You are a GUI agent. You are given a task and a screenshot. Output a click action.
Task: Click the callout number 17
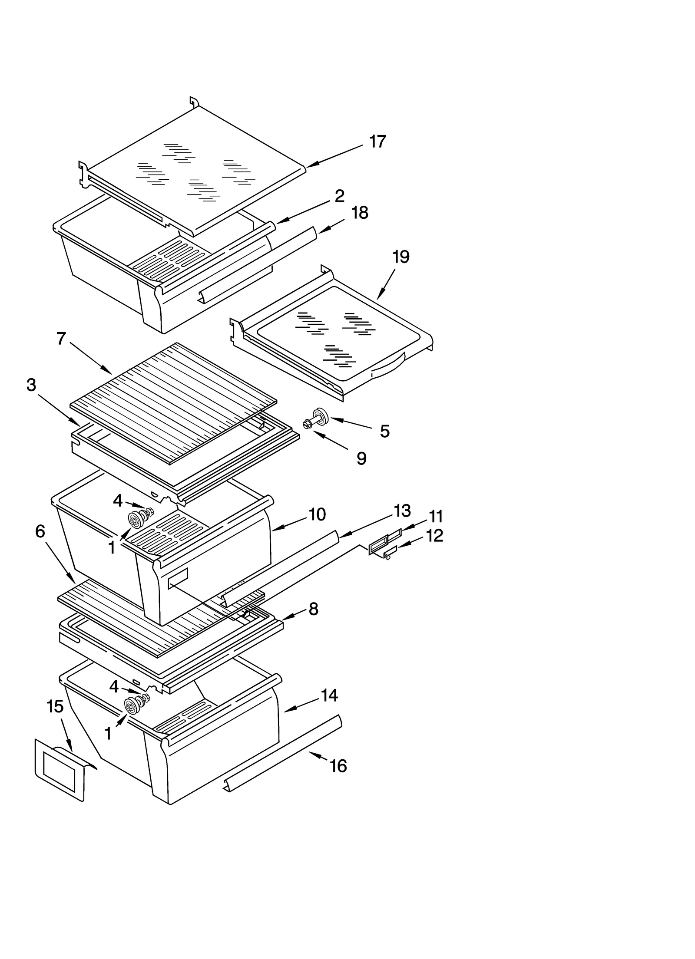[x=377, y=142]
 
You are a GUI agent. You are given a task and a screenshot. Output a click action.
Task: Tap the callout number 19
[x=400, y=257]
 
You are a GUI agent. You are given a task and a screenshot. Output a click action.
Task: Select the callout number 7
[x=61, y=338]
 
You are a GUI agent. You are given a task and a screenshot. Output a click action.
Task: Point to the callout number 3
[x=31, y=385]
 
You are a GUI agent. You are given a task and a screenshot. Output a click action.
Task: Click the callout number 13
[x=402, y=511]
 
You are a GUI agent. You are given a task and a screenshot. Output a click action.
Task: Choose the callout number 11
[x=436, y=517]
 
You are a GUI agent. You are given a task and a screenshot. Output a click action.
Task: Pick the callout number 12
[x=434, y=536]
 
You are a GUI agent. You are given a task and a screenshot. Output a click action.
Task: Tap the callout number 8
[x=314, y=609]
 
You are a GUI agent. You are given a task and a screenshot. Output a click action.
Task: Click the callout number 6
[x=40, y=531]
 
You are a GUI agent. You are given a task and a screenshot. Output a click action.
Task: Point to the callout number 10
[x=317, y=514]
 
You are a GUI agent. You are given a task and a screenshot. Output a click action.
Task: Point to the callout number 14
[x=329, y=695]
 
